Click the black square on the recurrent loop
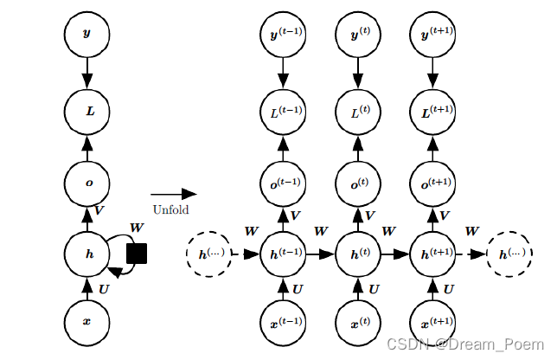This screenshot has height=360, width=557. pyautogui.click(x=137, y=254)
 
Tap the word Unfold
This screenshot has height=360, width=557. pyautogui.click(x=171, y=209)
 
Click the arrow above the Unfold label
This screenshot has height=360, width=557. pyautogui.click(x=174, y=194)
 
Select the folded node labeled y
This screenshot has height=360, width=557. pyautogui.click(x=87, y=34)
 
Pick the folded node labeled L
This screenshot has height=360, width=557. pyautogui.click(x=87, y=112)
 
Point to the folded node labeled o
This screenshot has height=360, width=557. pyautogui.click(x=87, y=183)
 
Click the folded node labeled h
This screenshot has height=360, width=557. pyautogui.click(x=87, y=254)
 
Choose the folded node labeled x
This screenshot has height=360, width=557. pyautogui.click(x=87, y=322)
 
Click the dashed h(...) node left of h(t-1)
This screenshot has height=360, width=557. pyautogui.click(x=209, y=254)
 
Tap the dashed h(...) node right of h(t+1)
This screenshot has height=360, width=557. pyautogui.click(x=509, y=254)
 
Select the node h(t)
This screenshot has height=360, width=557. pyautogui.click(x=358, y=254)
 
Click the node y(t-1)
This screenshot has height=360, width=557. pyautogui.click(x=283, y=34)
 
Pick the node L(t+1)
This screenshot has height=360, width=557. pyautogui.click(x=432, y=112)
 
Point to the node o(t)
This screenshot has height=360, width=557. pyautogui.click(x=358, y=183)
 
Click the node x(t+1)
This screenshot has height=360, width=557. pyautogui.click(x=432, y=322)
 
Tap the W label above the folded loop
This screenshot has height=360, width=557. pyautogui.click(x=137, y=228)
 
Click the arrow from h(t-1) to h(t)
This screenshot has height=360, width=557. pyautogui.click(x=320, y=254)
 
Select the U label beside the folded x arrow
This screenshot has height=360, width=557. pyautogui.click(x=104, y=289)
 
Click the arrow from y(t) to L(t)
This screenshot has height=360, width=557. pyautogui.click(x=358, y=73)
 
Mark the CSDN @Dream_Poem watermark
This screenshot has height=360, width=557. pyautogui.click(x=465, y=344)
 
